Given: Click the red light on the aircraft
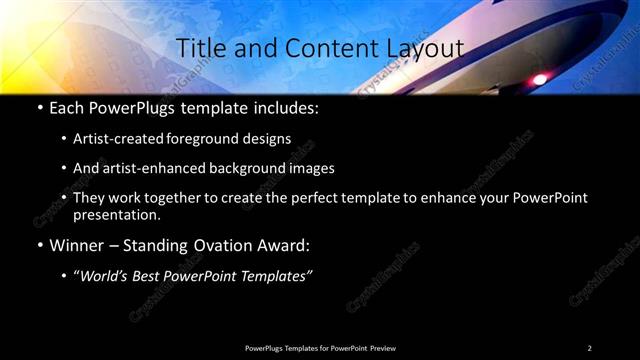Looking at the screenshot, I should [541, 78].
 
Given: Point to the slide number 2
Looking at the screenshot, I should [589, 347].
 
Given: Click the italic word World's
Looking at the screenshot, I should [106, 276].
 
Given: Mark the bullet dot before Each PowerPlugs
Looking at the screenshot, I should [38, 107].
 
